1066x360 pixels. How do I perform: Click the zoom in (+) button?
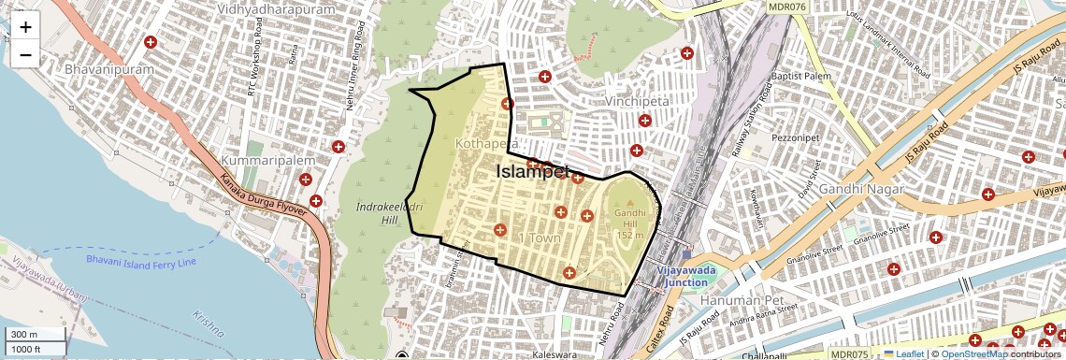point(25,27)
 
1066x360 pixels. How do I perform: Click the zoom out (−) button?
point(25,54)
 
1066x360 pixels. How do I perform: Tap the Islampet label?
point(533,171)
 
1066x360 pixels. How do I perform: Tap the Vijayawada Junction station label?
point(687,276)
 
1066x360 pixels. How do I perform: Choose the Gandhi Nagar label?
point(861,190)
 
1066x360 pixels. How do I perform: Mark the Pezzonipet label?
point(794,137)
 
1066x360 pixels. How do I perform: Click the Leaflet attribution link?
point(903,353)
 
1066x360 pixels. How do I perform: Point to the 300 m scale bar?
point(36,335)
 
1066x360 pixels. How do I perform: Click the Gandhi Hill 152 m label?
point(630,223)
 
